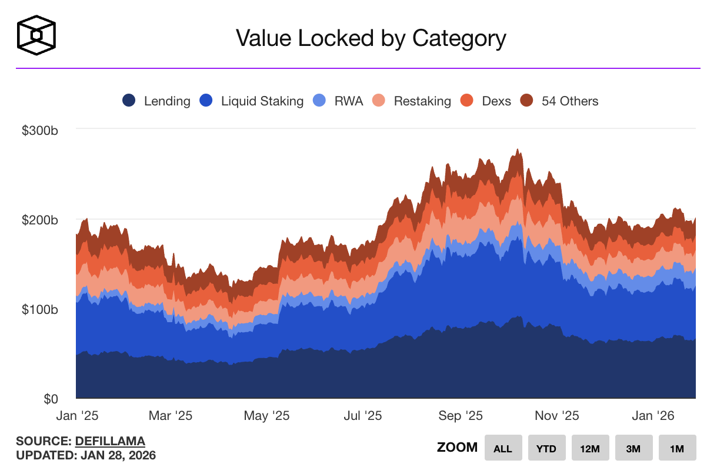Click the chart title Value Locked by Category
(x=371, y=38)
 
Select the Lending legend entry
(x=156, y=101)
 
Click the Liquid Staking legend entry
(x=252, y=101)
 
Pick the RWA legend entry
(x=341, y=101)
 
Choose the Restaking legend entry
(x=412, y=101)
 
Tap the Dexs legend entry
(x=486, y=101)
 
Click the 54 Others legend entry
(x=559, y=101)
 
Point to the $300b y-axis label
(x=40, y=130)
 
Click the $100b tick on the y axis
(x=40, y=310)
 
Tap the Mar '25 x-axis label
(x=170, y=416)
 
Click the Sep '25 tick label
(x=461, y=416)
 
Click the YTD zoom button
(x=546, y=448)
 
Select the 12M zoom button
(x=590, y=448)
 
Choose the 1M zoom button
(x=677, y=448)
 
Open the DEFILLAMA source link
(x=110, y=441)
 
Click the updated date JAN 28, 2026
(x=118, y=455)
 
